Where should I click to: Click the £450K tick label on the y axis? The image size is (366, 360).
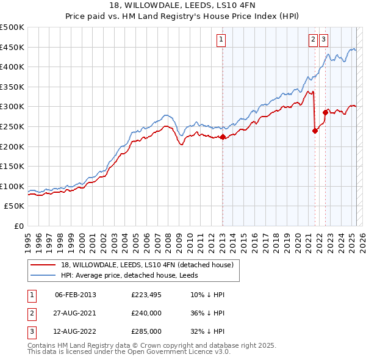coord(12,47)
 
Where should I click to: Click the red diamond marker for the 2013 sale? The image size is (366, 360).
coord(223,137)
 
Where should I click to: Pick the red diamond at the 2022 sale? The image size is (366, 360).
coord(326,112)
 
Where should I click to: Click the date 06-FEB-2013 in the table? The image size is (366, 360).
coord(76,295)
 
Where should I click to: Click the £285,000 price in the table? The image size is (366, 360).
coord(146,333)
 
